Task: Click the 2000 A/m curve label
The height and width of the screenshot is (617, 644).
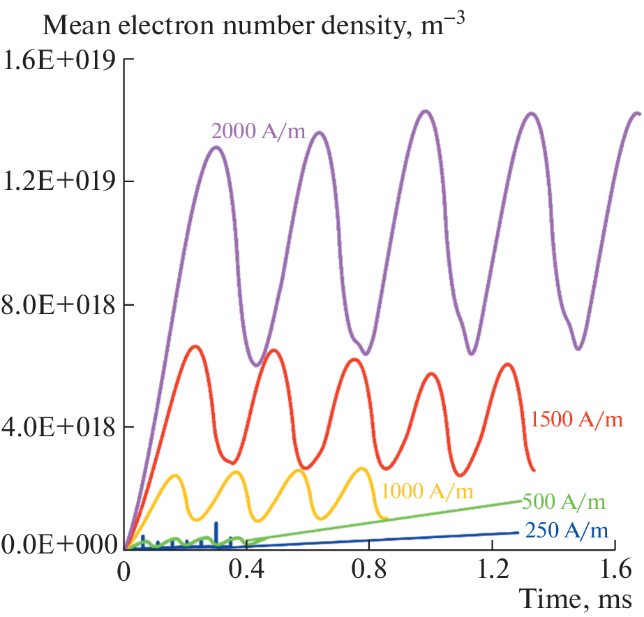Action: [x=258, y=131]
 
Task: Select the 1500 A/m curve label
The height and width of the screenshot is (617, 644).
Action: [x=576, y=419]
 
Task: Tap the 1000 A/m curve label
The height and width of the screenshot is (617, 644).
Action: [x=427, y=491]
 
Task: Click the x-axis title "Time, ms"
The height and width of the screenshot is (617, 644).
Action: [x=576, y=598]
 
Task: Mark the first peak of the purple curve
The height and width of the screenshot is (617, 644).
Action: [x=216, y=147]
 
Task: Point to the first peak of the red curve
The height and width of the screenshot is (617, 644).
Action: [x=195, y=346]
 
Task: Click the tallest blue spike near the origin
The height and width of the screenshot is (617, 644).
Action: [x=216, y=523]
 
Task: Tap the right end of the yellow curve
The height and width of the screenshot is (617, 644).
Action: [x=386, y=518]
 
